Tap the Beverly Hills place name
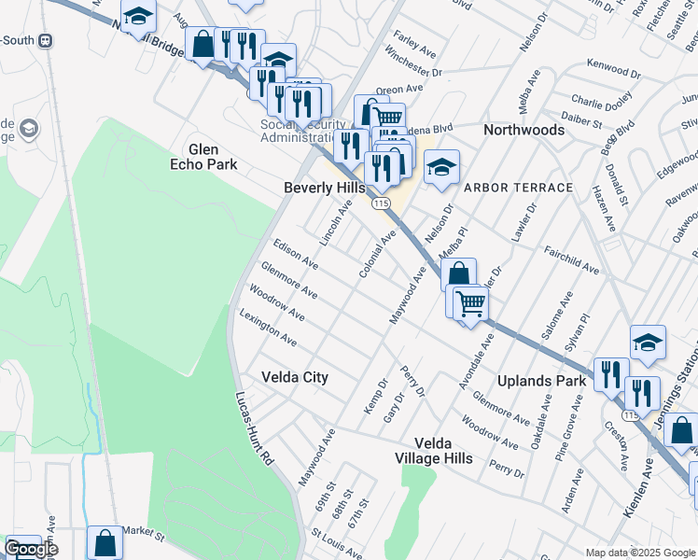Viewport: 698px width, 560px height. click(x=325, y=188)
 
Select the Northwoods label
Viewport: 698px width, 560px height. click(x=523, y=130)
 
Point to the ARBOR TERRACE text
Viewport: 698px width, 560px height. click(x=518, y=188)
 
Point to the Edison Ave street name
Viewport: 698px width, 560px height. click(x=296, y=254)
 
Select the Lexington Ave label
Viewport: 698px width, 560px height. click(x=269, y=328)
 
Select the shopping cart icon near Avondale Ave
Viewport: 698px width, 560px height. click(x=470, y=302)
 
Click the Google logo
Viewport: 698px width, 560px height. click(x=31, y=549)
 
